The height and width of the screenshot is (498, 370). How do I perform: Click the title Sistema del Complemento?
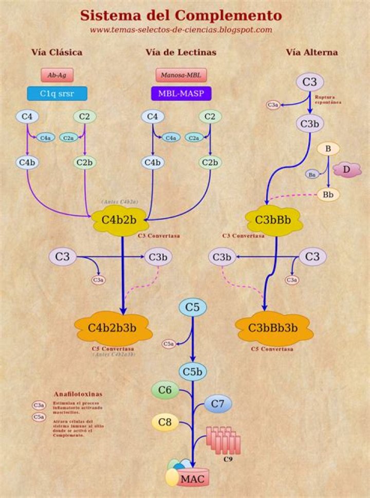[x=181, y=15]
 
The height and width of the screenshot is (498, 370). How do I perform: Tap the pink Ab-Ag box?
[x=57, y=75]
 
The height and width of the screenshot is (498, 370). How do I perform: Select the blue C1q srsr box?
[x=57, y=93]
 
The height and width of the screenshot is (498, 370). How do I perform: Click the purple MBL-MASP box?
[x=181, y=93]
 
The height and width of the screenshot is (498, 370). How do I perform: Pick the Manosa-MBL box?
[x=181, y=75]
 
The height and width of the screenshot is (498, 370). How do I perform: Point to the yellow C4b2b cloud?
[x=119, y=221]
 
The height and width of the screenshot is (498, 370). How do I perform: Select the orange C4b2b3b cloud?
[x=112, y=327]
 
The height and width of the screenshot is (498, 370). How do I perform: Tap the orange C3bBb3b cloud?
[x=273, y=327]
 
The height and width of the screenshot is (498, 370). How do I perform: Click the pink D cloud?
[x=347, y=169]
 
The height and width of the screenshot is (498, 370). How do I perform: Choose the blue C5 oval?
[x=192, y=307]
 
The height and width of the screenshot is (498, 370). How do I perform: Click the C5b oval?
[x=193, y=371]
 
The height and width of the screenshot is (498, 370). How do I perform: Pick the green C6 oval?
[x=164, y=390]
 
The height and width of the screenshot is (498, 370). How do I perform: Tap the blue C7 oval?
[x=218, y=404]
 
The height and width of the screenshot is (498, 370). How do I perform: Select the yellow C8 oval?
[x=164, y=423]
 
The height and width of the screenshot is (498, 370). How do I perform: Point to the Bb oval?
[x=328, y=194]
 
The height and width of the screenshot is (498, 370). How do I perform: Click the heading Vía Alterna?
[x=312, y=52]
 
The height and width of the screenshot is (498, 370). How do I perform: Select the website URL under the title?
[x=181, y=30]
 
